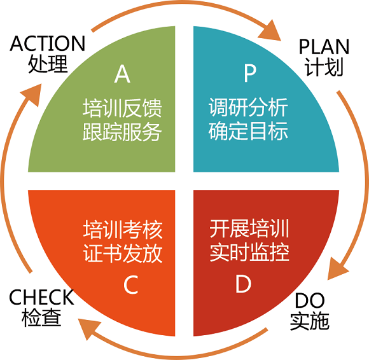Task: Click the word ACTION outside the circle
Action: (x=47, y=43)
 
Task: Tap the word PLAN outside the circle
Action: (x=324, y=47)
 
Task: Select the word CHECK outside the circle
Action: (x=41, y=297)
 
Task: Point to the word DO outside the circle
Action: (x=310, y=300)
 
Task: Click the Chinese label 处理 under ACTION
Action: (x=48, y=64)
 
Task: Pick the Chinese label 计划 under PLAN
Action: (x=324, y=67)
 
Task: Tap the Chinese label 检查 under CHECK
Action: (x=41, y=317)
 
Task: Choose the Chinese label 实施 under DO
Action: (x=309, y=321)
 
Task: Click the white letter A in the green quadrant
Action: (x=122, y=74)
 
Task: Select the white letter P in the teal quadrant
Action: (x=250, y=73)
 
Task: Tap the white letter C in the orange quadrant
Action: (x=131, y=285)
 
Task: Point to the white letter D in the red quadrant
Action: (x=243, y=284)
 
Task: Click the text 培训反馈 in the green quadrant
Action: (x=122, y=108)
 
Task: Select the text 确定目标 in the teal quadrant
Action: (x=248, y=131)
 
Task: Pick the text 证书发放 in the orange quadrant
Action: (x=123, y=253)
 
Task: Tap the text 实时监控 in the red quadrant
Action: (x=249, y=252)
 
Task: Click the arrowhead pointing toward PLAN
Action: (x=270, y=31)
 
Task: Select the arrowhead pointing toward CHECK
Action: (x=88, y=328)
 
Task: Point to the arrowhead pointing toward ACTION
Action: (x=32, y=94)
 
